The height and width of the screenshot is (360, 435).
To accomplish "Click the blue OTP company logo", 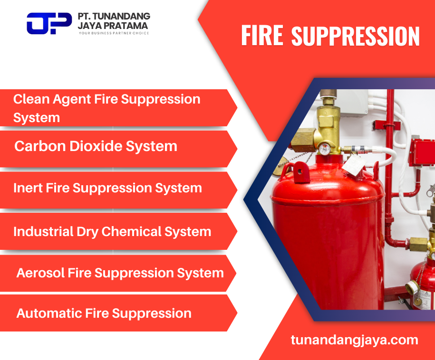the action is click(49, 23).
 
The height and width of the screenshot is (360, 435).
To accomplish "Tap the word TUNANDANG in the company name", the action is click(122, 16).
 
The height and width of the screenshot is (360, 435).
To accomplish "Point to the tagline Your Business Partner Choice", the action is click(114, 33).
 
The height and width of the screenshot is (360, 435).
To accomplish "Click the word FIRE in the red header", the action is click(262, 35).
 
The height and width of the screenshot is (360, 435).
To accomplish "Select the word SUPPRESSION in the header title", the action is click(356, 36).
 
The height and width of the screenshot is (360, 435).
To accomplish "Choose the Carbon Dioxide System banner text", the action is click(96, 146).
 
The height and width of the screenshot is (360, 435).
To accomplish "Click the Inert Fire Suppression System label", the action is click(107, 188).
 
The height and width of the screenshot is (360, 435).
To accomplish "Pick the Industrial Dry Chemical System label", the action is click(112, 232).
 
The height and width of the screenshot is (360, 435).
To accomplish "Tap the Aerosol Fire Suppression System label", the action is click(120, 273).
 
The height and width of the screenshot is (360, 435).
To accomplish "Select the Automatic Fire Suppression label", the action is click(104, 313).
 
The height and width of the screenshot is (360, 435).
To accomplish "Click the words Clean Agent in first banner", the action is click(52, 99).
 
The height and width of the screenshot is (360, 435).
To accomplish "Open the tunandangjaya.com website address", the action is click(355, 340).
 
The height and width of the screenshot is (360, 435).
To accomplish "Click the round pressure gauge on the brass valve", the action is click(324, 149).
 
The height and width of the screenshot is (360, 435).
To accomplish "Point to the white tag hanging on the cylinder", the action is click(353, 165).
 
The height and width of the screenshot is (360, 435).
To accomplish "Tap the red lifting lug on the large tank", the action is click(301, 172).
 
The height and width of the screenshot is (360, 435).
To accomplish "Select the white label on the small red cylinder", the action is click(423, 299).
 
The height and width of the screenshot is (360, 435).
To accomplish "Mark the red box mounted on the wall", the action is click(421, 153).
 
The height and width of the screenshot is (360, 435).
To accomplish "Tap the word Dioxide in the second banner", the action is click(96, 146).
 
